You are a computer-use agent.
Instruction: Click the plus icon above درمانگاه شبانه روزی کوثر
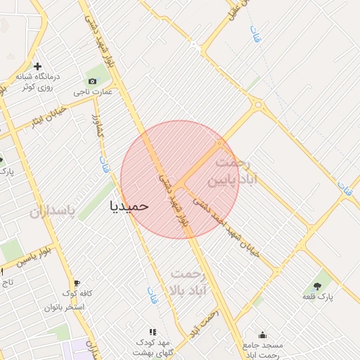click(37, 67)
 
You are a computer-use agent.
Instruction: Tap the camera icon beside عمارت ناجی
click(92, 81)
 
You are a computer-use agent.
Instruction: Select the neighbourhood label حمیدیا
click(130, 205)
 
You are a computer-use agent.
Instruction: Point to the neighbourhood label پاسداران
click(52, 210)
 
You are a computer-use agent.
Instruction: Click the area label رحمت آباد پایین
click(233, 172)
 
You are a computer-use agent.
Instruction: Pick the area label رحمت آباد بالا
click(187, 281)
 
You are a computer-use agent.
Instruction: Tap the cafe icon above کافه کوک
click(77, 283)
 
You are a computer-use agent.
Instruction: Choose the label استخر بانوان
click(65, 307)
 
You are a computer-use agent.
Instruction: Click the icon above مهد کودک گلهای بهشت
click(152, 331)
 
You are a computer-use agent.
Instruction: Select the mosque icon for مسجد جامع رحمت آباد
click(262, 335)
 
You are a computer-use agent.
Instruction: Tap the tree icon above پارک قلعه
click(316, 286)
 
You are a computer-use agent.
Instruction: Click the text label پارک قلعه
click(316, 297)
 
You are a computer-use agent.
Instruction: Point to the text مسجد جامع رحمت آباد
click(262, 349)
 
